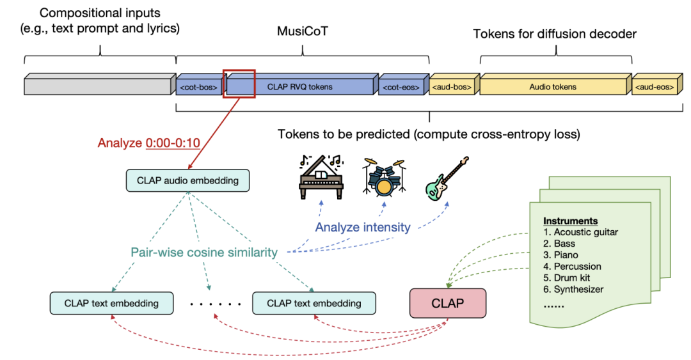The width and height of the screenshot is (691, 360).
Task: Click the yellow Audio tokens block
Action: click(553, 86)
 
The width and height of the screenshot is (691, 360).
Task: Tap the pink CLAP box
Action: click(448, 303)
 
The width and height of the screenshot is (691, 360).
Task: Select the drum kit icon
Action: click(384, 177)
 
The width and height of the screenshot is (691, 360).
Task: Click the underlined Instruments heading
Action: click(571, 221)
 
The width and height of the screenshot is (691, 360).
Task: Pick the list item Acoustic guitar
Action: click(580, 232)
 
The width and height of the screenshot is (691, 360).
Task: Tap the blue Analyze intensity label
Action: click(363, 227)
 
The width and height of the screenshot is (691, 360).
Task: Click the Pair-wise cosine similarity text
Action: click(204, 253)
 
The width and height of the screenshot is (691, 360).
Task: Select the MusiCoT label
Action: click(303, 33)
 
